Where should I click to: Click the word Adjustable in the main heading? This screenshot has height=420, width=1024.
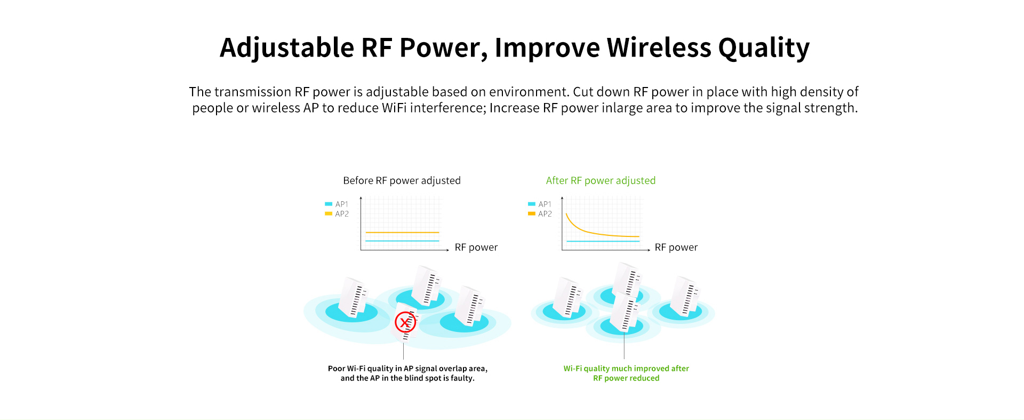point(287,47)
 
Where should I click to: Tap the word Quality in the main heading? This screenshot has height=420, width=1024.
point(764,48)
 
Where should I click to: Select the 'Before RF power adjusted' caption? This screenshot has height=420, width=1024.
point(402,180)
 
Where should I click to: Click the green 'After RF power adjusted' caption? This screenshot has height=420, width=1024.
point(601,180)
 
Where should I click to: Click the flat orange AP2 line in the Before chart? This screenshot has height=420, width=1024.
point(402,232)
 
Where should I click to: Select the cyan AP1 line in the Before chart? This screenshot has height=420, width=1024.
point(402,241)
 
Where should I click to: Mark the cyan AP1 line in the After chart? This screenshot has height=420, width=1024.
point(603,241)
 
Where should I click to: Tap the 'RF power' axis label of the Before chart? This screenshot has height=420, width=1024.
point(476,247)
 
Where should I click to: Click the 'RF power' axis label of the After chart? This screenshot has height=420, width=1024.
point(676,247)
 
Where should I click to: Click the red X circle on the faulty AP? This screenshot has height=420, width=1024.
point(405,322)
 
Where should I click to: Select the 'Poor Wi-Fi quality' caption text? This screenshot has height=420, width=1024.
point(407,373)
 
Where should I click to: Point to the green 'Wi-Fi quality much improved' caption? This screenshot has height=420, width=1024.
point(626,373)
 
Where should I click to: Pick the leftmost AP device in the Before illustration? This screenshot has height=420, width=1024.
point(354,297)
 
